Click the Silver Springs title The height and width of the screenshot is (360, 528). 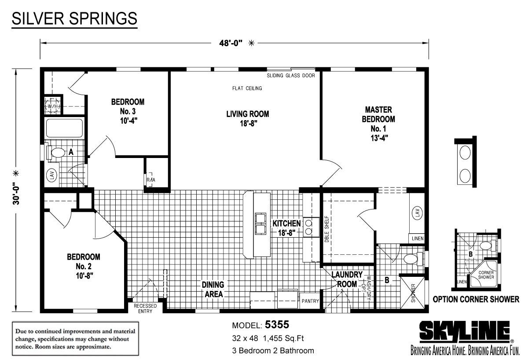coord(74,19)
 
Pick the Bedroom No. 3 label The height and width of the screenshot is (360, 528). coord(128,110)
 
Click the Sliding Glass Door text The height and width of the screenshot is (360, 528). coord(291,76)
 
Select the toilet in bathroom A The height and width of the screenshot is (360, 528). coord(57,153)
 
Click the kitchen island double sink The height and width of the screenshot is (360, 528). coord(260,223)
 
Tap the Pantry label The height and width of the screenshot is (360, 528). coord(310,301)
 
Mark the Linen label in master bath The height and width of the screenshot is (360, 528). coord(418,239)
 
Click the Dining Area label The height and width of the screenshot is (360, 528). coord(213,289)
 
